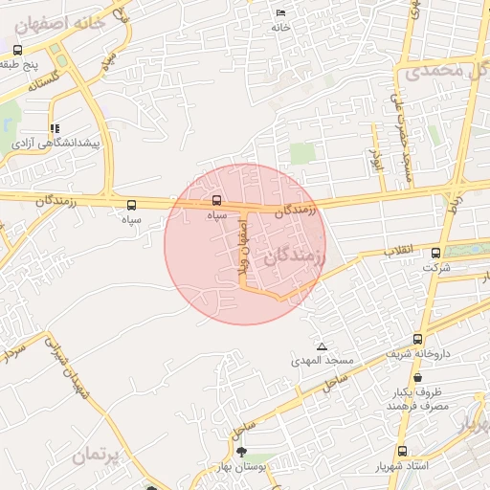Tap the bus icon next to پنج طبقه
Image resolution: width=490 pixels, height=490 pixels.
click(18, 50)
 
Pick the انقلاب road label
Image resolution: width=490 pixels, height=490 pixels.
click(399, 249)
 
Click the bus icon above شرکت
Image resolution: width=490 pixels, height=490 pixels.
click(436, 253)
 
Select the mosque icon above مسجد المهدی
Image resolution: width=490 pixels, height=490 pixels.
click(322, 345)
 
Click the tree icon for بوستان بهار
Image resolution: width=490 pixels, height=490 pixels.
click(239, 451)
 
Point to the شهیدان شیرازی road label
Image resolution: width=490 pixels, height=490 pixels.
click(68, 368)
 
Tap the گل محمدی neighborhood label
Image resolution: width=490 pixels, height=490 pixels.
click(446, 71)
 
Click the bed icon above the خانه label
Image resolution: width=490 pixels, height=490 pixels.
click(280, 12)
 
